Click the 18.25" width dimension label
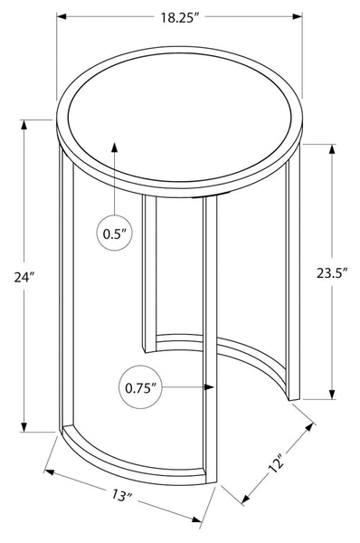(180, 17)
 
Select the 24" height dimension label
(24, 277)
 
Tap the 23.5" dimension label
(332, 273)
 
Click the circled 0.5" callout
(114, 233)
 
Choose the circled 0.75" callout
(140, 387)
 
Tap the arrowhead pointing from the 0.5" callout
(114, 148)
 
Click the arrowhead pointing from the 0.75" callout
(209, 387)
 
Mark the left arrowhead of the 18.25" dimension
(62, 16)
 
